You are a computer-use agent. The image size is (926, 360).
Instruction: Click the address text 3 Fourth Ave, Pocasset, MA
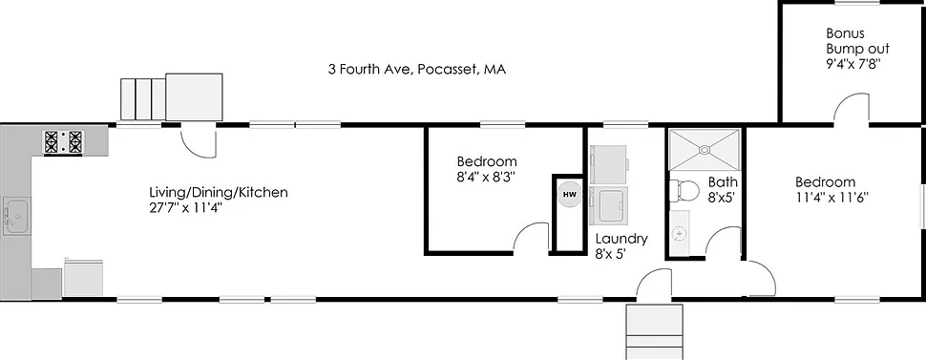[416, 70]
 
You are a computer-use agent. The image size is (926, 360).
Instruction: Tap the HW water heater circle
[569, 195]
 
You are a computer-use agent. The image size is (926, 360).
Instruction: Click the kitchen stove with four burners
[63, 142]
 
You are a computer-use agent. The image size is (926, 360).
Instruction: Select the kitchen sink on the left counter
[17, 216]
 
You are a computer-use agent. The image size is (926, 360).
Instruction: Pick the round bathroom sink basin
[679, 232]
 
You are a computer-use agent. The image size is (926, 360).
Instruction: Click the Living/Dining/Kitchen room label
[218, 192]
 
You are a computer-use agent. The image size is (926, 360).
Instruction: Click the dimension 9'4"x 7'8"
[852, 65]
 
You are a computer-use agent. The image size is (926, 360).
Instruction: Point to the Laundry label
[621, 239]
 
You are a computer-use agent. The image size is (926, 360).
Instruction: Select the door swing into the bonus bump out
[852, 111]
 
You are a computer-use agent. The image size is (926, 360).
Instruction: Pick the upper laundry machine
[608, 162]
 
